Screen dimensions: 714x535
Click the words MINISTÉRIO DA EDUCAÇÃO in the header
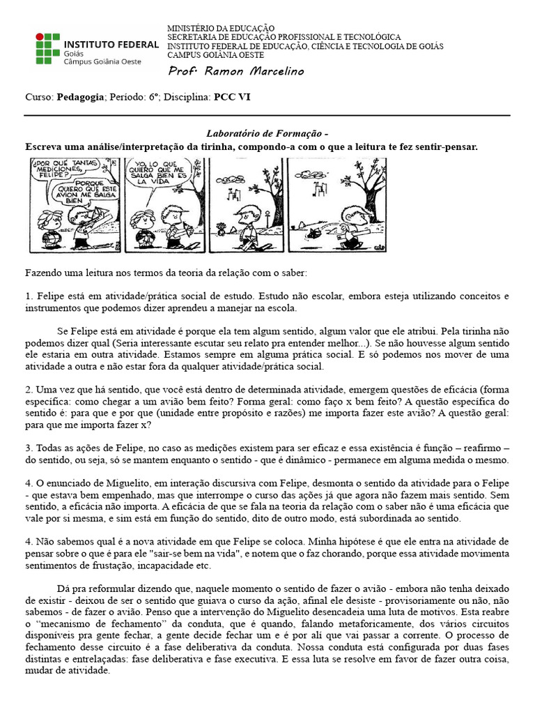point(221,27)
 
